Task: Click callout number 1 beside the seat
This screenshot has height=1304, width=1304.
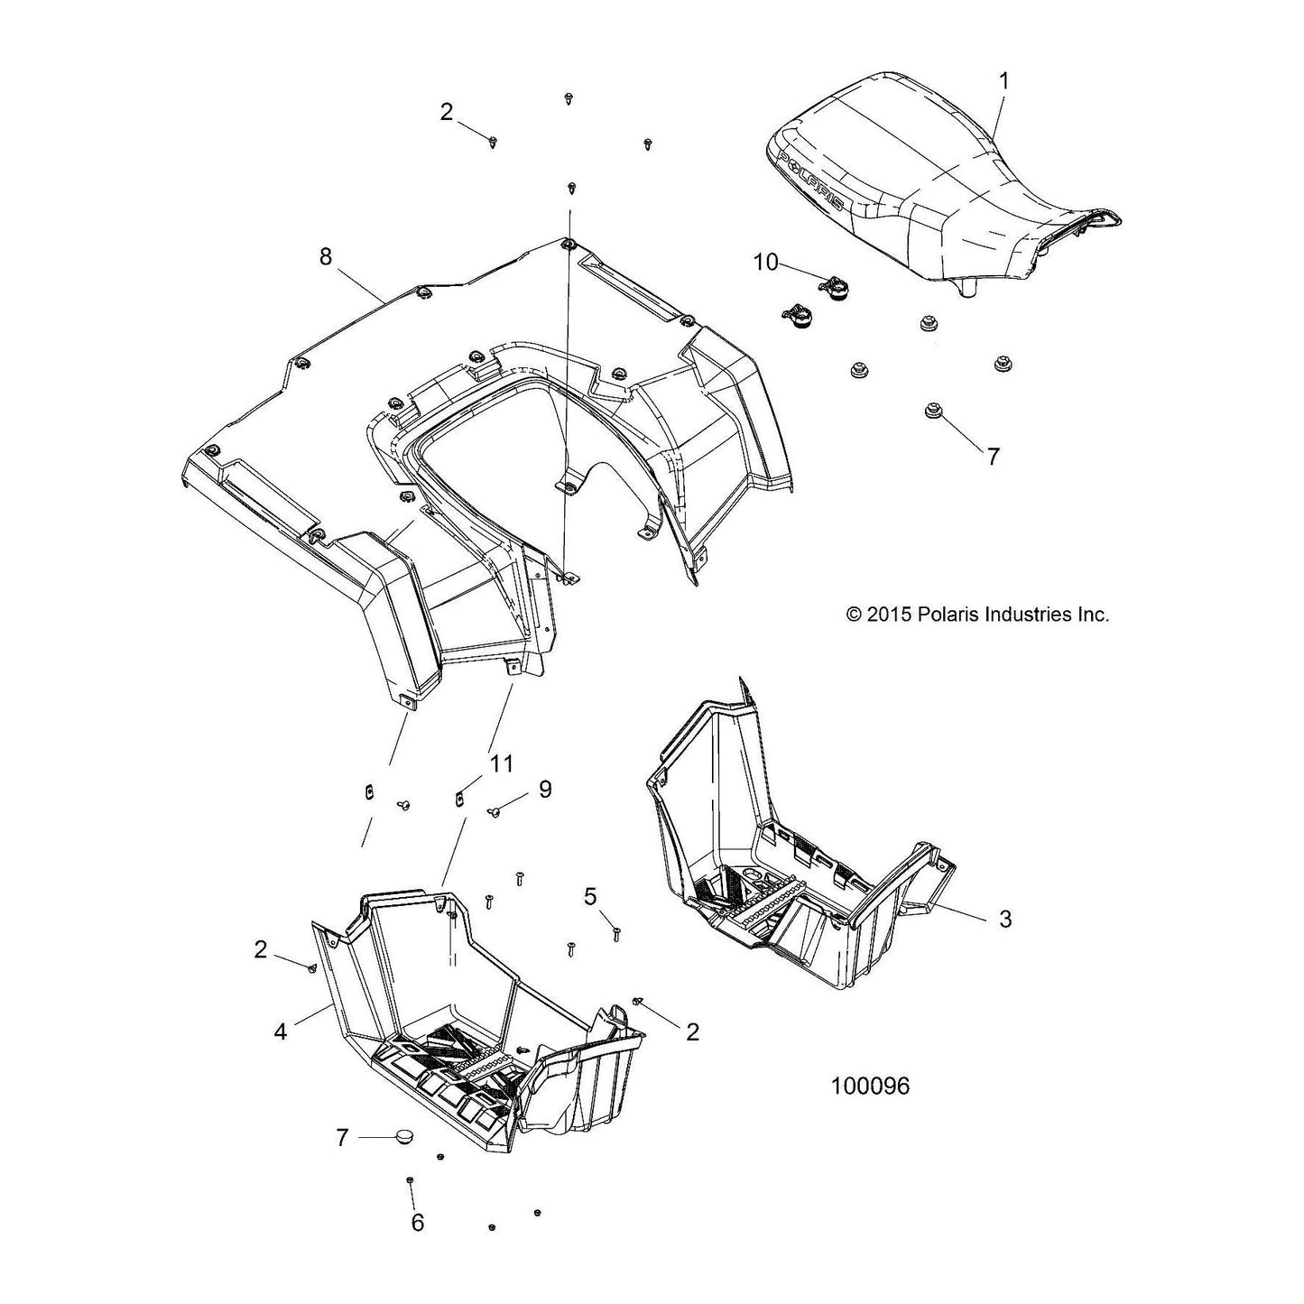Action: coord(1004,82)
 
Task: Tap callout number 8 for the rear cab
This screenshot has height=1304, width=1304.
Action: coord(326,257)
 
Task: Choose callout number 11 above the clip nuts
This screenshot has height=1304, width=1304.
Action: coord(502,764)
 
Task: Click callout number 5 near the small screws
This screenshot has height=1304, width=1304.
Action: coord(590,897)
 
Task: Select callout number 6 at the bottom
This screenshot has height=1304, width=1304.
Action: coord(418,1222)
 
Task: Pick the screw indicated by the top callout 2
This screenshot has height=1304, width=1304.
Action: coord(494,141)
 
